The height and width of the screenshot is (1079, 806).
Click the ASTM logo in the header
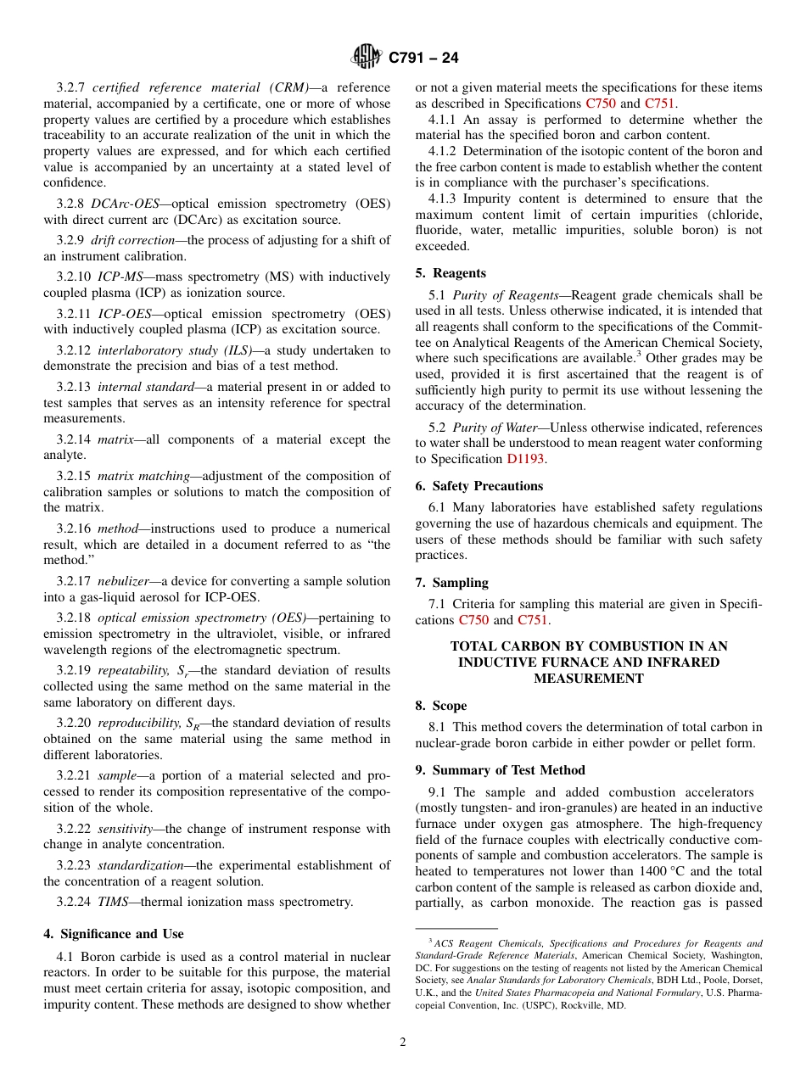367,57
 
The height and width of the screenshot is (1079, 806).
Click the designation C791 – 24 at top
423,58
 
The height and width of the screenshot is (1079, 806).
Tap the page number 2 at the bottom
403,1043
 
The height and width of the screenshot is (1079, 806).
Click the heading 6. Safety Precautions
479,486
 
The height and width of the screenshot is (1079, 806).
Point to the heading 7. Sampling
451,583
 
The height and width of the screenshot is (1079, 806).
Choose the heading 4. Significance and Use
113,934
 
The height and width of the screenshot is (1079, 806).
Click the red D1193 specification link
525,459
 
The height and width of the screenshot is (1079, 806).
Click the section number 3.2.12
74,350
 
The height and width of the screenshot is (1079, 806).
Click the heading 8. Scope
440,706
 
